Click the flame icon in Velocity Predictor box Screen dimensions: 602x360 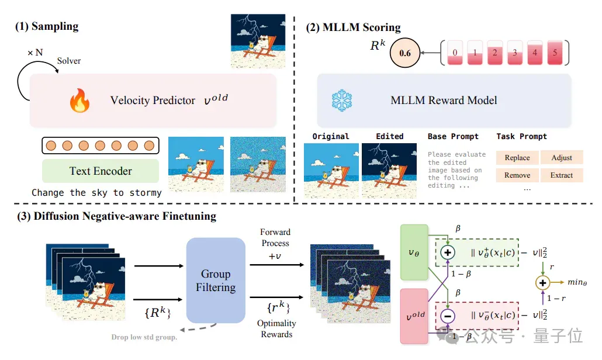point(80,101)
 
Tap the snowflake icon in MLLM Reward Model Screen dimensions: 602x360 point(342,101)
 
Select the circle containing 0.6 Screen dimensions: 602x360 point(405,53)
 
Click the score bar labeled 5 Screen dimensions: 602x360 point(555,53)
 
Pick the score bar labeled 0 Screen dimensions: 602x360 point(455,53)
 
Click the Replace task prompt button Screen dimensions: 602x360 point(517,158)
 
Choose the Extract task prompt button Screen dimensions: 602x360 point(562,175)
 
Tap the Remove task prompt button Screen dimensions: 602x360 point(517,175)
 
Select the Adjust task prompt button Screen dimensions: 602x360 point(562,158)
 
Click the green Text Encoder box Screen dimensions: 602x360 point(101,171)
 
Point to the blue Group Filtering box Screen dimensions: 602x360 point(216,281)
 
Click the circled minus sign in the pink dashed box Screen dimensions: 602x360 point(448,316)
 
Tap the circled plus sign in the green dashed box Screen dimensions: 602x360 point(448,252)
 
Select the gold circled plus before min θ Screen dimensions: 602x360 point(542,283)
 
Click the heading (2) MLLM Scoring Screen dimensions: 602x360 point(353,27)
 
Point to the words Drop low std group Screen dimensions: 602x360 point(144,337)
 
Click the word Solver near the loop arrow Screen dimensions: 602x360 point(69,61)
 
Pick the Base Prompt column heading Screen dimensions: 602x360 point(453,136)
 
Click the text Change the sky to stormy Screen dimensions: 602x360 point(97,193)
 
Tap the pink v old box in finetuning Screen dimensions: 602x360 point(414,316)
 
